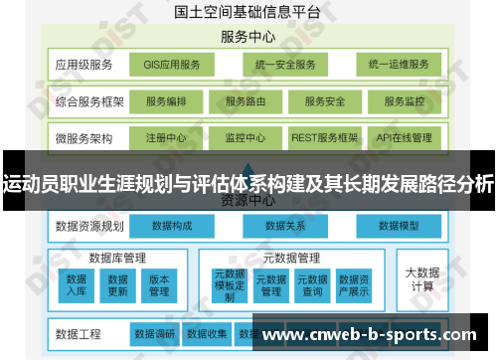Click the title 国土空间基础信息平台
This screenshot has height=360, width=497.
(x=248, y=13)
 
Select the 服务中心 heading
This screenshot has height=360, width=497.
(x=248, y=38)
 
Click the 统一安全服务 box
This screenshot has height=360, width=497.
(x=284, y=66)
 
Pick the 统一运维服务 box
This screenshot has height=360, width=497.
(x=398, y=66)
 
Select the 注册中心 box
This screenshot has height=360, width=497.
(x=165, y=137)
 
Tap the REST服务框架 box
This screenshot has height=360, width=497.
(x=324, y=137)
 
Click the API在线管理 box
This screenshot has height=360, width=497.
(x=404, y=137)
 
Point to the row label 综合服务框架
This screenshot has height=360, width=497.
(x=87, y=101)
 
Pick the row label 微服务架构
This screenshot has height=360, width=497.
(x=83, y=137)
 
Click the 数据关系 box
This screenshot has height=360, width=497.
(x=284, y=227)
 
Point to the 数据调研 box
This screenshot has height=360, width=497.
(x=154, y=333)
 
